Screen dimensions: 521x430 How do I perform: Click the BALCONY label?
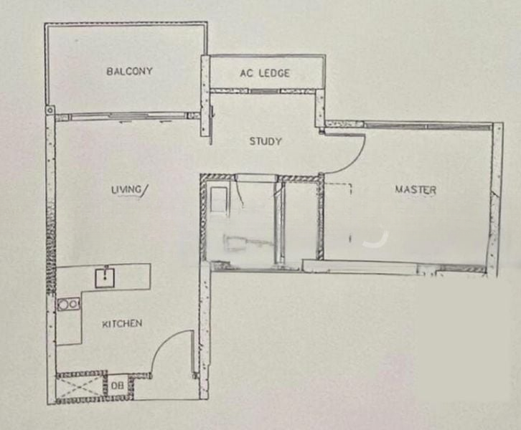(129, 71)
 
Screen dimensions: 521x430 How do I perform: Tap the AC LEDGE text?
(265, 73)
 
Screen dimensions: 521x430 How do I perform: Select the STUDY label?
(266, 141)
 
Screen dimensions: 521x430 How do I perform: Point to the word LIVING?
(126, 190)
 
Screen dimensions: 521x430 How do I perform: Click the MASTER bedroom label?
(416, 190)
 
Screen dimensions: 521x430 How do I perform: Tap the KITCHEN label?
(122, 323)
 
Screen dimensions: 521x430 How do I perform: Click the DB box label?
(117, 386)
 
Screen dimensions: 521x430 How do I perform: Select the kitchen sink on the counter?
(105, 278)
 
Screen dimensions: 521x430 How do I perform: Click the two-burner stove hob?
(68, 304)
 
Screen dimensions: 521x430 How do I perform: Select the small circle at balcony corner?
(50, 110)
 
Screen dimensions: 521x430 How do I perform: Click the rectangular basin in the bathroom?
(219, 199)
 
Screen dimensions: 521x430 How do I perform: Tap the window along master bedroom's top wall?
(428, 125)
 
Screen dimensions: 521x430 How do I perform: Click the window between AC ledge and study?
(265, 91)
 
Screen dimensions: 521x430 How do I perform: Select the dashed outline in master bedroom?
(338, 188)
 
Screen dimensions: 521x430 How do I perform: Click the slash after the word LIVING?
(145, 190)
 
